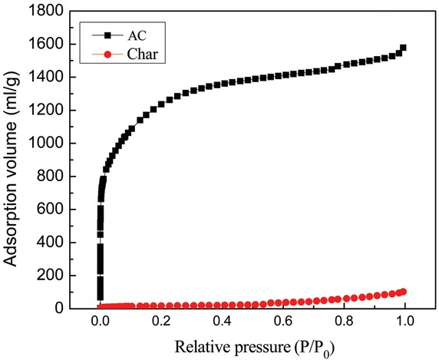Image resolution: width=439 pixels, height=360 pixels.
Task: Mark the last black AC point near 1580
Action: coord(403,48)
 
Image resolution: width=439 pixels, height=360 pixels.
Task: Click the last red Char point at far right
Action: coord(403,292)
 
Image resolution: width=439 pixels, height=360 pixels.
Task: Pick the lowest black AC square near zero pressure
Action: coord(100,296)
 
